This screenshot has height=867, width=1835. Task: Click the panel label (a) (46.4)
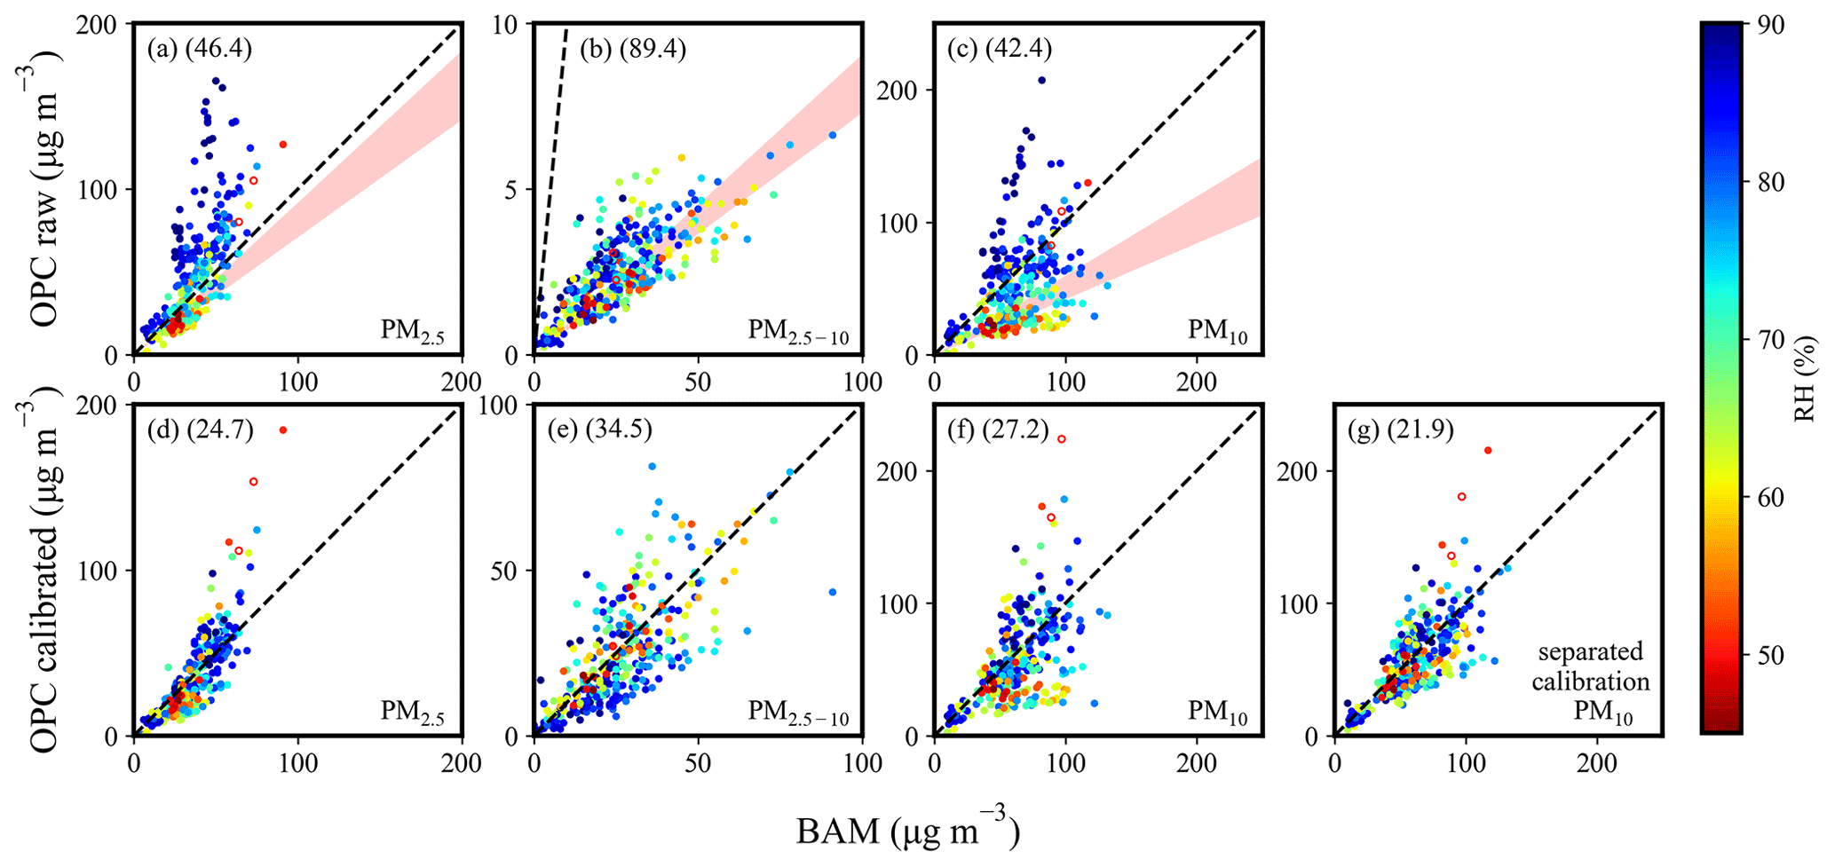coord(200,48)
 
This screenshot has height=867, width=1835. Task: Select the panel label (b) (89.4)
coord(633,48)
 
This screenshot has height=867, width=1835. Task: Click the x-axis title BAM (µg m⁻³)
coord(907,832)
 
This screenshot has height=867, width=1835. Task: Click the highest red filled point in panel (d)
coord(283,430)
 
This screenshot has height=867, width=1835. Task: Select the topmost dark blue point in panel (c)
coord(1041,80)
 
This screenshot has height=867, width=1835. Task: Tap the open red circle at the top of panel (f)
coord(1061,439)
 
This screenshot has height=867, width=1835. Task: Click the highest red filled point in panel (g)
coord(1488,451)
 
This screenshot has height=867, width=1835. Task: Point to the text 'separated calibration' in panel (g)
coord(1590,666)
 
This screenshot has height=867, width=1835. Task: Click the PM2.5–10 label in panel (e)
coord(798,711)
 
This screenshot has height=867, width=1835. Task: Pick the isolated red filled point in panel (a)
coord(282,144)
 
